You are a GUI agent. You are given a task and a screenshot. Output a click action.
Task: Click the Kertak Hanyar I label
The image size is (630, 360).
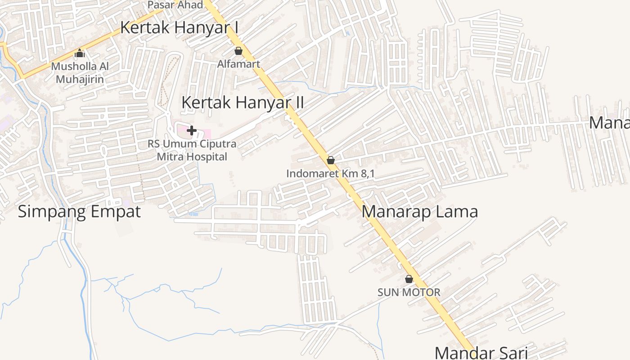[x=179, y=27]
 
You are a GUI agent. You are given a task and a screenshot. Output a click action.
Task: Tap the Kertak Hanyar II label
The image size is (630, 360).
[x=243, y=103]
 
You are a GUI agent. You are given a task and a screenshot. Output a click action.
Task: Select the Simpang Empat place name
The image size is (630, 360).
[x=79, y=211]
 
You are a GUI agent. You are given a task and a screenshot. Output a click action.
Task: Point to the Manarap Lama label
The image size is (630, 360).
[x=419, y=211]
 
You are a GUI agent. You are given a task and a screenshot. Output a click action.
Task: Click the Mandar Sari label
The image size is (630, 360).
[x=481, y=352]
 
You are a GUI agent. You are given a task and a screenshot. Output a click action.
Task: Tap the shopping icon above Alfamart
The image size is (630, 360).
[x=238, y=51]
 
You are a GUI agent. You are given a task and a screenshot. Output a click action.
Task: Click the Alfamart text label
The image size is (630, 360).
[x=238, y=64]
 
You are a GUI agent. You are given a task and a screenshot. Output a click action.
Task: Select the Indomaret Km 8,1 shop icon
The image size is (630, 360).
[x=331, y=160]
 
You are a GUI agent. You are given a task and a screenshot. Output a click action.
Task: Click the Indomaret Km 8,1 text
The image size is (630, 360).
[x=330, y=173]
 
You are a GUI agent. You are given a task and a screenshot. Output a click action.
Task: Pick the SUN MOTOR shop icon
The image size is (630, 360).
[x=409, y=279]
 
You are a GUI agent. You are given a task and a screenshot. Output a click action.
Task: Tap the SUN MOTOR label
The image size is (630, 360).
[x=409, y=292]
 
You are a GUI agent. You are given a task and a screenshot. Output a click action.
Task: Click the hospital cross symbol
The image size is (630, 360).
[x=192, y=130]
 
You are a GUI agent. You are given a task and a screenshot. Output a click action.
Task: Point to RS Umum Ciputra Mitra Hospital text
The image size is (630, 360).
[x=192, y=151]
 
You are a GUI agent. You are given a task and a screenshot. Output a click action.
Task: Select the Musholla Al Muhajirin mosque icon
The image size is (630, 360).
[x=80, y=54]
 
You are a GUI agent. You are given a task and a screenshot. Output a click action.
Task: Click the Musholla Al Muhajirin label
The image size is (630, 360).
[x=80, y=73]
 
